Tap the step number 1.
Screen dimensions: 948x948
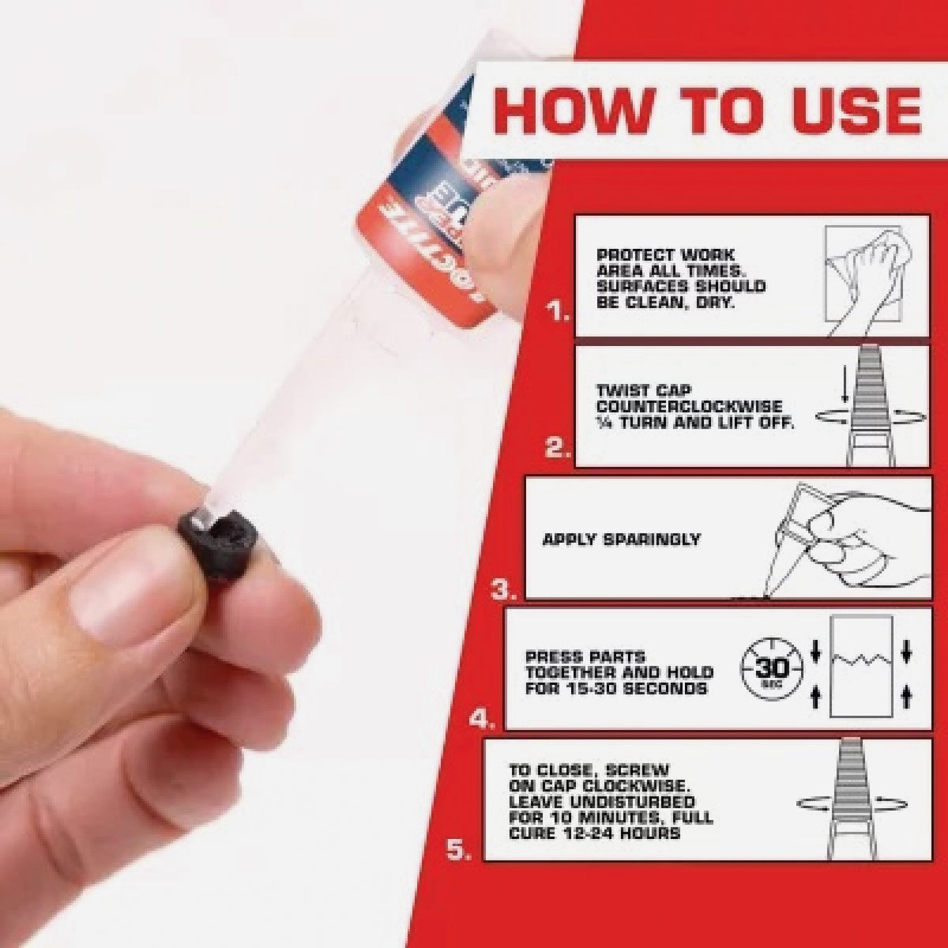(559, 315)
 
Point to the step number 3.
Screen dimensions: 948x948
(504, 589)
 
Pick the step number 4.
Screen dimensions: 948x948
(482, 719)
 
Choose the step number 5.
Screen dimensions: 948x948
(461, 850)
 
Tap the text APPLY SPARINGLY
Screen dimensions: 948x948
(622, 540)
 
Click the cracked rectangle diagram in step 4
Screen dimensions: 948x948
(860, 668)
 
